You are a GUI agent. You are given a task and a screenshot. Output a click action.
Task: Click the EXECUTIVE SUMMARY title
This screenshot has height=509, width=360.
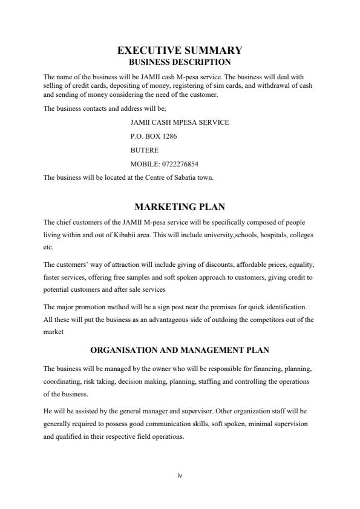point(180,51)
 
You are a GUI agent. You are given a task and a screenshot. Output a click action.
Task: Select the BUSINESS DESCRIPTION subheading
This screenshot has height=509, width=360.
point(180,62)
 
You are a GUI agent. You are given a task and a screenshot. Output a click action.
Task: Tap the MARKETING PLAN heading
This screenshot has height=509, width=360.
point(180,207)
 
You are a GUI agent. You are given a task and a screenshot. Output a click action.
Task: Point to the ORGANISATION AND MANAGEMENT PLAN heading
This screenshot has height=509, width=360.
point(180,350)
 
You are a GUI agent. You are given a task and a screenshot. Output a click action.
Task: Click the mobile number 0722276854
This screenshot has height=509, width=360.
point(180,164)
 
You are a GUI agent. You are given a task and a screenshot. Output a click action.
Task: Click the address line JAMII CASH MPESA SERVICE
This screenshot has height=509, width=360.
point(180,122)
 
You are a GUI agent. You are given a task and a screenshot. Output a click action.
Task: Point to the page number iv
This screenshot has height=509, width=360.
point(180,476)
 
